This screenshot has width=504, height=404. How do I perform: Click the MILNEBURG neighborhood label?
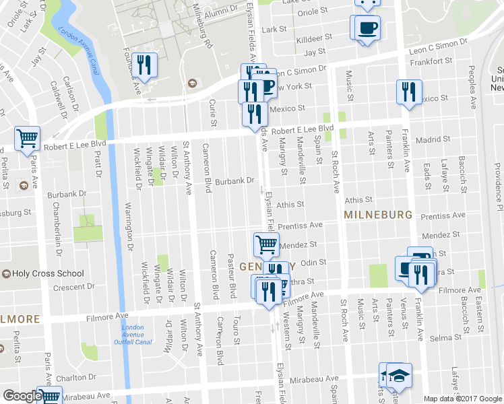coord(377,214)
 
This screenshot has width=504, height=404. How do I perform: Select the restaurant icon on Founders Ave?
coord(144,65)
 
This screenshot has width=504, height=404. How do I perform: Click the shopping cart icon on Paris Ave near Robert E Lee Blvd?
coord(27,139)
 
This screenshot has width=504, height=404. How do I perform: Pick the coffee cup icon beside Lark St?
coord(368,28)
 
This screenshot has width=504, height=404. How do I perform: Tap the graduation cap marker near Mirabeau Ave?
coord(399,375)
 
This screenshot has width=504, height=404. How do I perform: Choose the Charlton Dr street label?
coord(70,378)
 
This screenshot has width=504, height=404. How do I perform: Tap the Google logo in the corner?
coord(22,397)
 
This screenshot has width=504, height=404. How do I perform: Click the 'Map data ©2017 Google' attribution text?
coord(462,399)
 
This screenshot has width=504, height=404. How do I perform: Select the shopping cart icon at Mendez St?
coord(265,244)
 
